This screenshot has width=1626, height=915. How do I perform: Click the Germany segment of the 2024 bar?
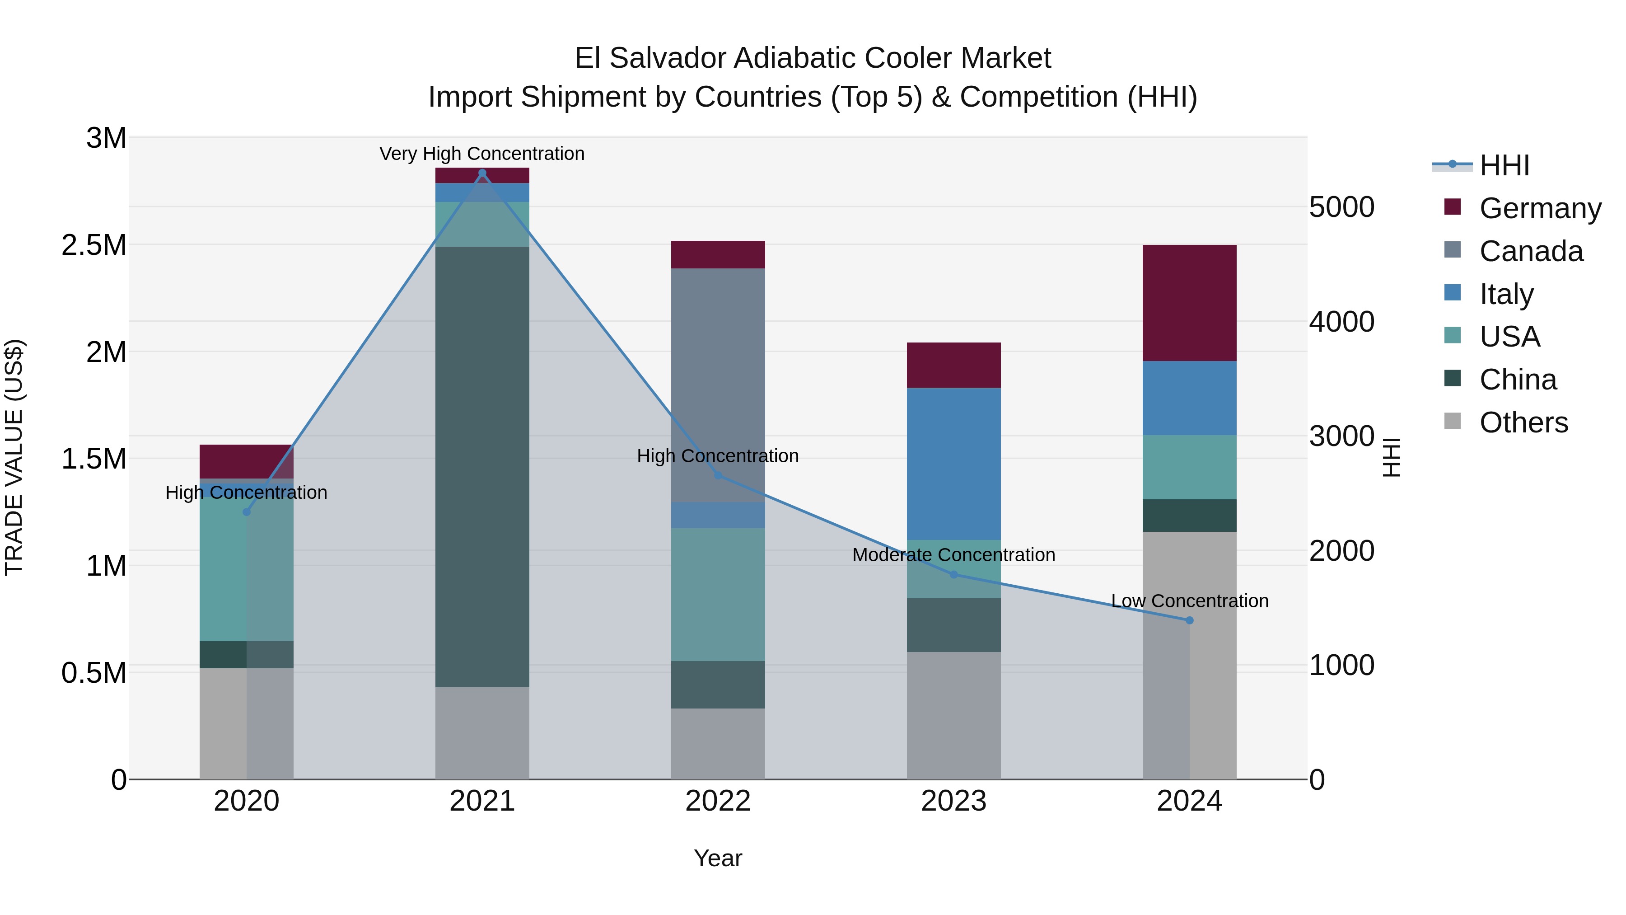click(x=1189, y=303)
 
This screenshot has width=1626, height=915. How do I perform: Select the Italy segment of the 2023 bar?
click(x=953, y=464)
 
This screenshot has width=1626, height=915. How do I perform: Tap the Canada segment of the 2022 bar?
click(x=718, y=385)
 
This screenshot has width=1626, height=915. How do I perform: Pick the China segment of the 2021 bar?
click(x=482, y=467)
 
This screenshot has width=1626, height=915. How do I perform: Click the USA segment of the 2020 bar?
click(x=246, y=569)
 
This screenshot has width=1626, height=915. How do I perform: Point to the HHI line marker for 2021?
click(x=482, y=173)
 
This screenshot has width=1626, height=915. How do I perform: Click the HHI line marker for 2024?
click(x=1189, y=620)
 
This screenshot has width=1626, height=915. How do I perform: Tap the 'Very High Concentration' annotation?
click(x=482, y=154)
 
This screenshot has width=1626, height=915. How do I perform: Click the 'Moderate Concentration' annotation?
click(x=953, y=555)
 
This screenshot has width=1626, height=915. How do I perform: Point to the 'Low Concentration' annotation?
click(x=1189, y=601)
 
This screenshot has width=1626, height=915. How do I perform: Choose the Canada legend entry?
click(x=1531, y=251)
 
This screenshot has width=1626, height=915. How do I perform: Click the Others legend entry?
click(x=1523, y=422)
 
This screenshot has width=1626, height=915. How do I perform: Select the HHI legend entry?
click(x=1504, y=165)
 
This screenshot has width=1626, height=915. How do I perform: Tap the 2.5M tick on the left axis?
click(x=94, y=245)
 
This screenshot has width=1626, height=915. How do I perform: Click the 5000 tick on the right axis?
click(x=1341, y=207)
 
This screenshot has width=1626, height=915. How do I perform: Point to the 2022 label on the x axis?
click(x=718, y=801)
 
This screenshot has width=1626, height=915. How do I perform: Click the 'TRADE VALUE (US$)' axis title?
click(x=14, y=457)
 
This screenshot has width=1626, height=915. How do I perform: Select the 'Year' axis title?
click(x=718, y=858)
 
